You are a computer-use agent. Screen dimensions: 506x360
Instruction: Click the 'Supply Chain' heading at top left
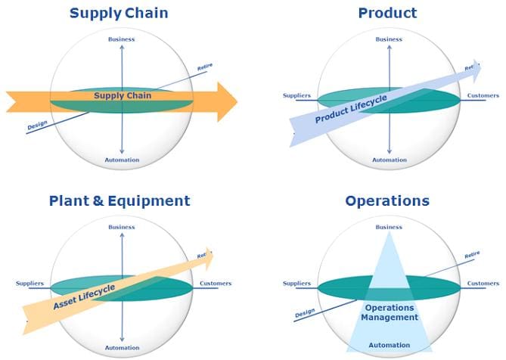(119, 14)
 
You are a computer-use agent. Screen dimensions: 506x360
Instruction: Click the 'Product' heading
(387, 13)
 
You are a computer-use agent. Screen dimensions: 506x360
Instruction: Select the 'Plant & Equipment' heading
(120, 201)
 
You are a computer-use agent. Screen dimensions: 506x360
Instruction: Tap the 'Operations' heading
(387, 201)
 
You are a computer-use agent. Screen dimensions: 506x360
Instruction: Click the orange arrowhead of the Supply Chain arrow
(227, 102)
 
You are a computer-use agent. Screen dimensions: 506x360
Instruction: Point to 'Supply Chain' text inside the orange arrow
(123, 96)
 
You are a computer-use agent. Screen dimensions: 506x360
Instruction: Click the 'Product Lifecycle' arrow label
(351, 109)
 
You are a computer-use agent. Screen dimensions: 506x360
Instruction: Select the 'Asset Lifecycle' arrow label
(84, 296)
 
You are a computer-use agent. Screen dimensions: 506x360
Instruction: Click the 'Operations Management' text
(390, 312)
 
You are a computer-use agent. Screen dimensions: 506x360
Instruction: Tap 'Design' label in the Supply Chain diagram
(37, 125)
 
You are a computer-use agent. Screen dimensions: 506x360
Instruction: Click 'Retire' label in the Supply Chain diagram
(205, 67)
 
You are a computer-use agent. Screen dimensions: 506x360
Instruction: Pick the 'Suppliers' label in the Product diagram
(296, 95)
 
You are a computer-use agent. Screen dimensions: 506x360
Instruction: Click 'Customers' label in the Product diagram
(483, 95)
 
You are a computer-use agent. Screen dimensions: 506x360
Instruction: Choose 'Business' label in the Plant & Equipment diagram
(122, 227)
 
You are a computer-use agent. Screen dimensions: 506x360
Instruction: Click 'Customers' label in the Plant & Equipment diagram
(216, 284)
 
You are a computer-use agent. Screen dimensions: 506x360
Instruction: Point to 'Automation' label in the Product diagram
(390, 160)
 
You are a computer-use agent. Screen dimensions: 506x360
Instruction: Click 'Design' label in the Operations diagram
(305, 313)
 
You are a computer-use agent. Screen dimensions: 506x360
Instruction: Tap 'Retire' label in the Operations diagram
(472, 255)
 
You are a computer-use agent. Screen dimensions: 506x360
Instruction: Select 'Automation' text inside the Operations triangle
(390, 345)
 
